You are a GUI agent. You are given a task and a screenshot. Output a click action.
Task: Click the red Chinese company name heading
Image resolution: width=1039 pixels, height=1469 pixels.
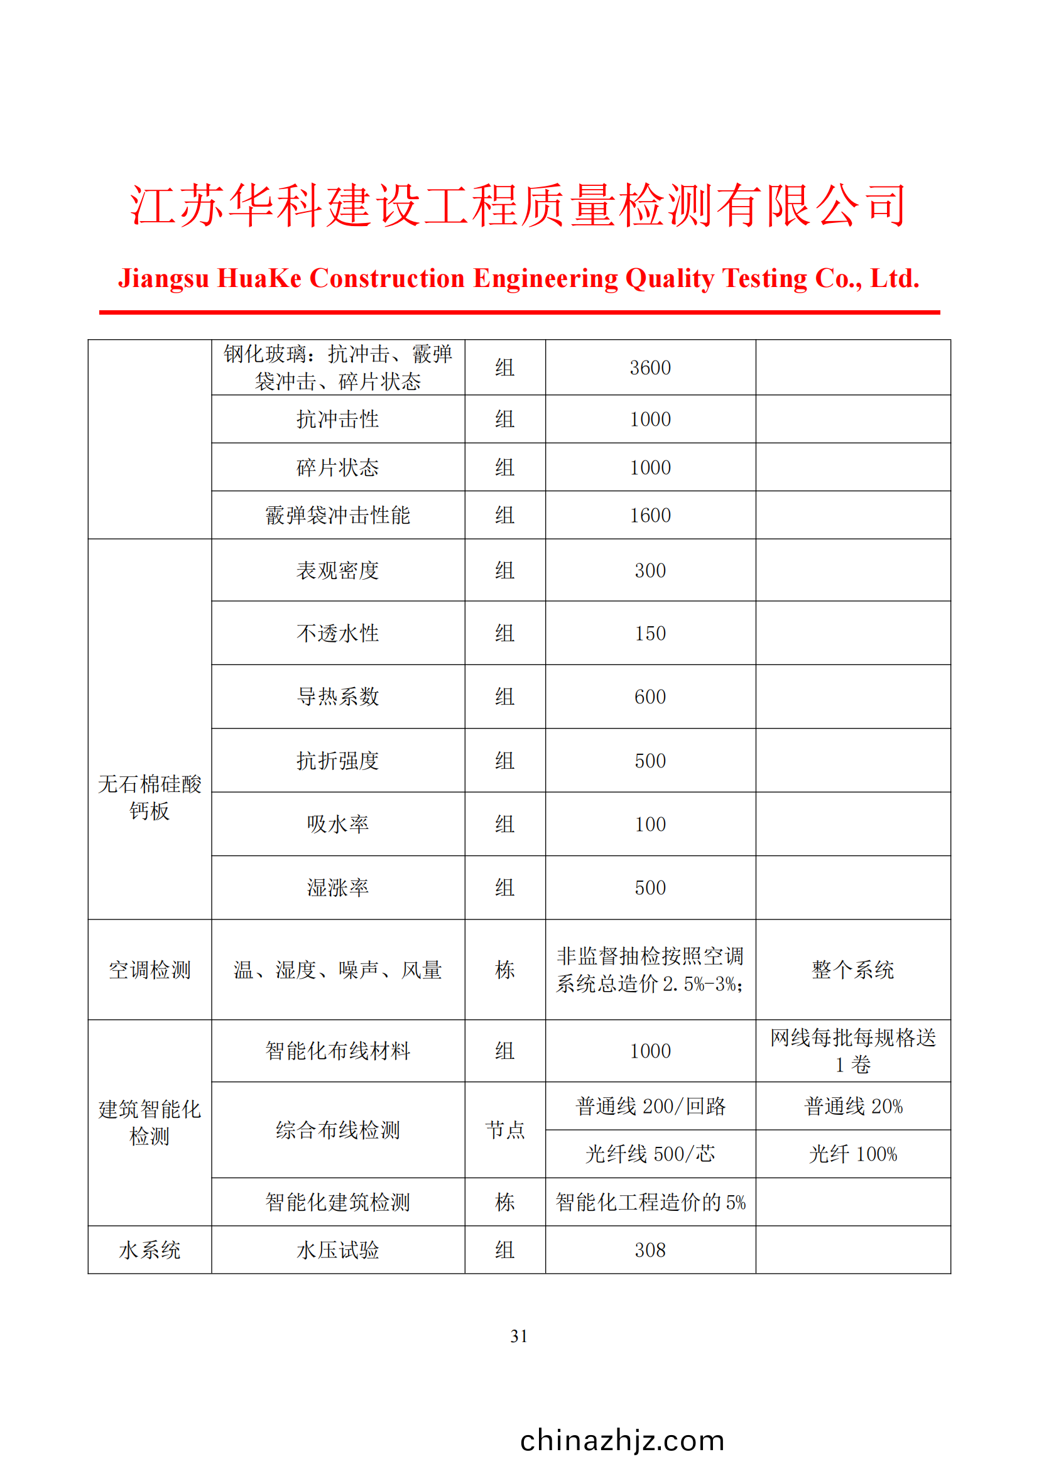tap(518, 205)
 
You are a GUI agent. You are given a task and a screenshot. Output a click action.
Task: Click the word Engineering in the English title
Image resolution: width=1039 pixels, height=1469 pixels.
tap(545, 278)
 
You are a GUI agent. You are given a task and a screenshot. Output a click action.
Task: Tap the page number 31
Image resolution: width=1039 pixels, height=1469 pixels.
tap(519, 1336)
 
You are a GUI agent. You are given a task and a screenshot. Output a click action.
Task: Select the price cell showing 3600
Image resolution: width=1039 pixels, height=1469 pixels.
tap(650, 368)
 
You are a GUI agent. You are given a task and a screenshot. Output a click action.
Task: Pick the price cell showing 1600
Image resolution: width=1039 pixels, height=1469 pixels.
tap(650, 515)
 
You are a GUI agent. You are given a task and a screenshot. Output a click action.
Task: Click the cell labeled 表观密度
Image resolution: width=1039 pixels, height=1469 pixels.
tap(338, 570)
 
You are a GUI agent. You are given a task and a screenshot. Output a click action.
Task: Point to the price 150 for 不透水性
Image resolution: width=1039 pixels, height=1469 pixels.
tap(650, 634)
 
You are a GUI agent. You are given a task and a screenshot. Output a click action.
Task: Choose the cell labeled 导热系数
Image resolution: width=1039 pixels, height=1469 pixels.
tap(338, 697)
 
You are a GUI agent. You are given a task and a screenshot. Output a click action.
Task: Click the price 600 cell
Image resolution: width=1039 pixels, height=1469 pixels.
tap(650, 697)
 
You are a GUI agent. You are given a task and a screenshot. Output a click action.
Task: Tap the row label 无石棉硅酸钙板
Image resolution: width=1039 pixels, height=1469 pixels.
tap(150, 797)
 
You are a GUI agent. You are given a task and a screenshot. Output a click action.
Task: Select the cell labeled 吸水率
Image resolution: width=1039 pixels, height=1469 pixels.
tap(338, 824)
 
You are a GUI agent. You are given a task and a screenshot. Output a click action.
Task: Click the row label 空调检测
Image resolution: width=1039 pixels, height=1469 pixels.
tap(150, 970)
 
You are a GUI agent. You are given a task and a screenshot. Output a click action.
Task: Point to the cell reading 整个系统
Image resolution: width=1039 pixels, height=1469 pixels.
tap(853, 970)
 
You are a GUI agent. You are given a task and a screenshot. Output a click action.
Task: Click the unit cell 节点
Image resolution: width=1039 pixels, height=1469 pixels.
tap(505, 1130)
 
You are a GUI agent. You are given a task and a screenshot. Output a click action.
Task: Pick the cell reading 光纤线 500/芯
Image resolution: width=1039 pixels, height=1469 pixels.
tap(650, 1154)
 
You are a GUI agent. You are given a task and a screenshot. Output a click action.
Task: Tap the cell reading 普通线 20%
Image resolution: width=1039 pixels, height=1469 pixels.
tap(853, 1106)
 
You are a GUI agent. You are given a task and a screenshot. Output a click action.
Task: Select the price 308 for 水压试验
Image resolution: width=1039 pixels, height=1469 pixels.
tap(650, 1250)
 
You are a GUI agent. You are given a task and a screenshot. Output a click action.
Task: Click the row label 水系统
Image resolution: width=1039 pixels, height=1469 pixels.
tap(150, 1250)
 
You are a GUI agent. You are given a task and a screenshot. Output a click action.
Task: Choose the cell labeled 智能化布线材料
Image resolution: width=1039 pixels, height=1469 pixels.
tap(338, 1051)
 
